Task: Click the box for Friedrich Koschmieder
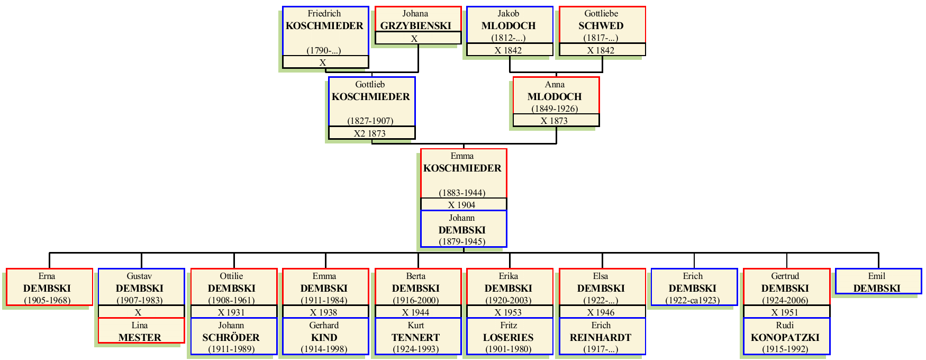325,31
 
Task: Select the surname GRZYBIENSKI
416,25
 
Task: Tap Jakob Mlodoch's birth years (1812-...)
509,38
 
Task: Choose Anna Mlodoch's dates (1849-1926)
555,109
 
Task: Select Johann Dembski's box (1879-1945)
463,229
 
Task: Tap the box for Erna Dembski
49,287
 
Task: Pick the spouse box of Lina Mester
141,331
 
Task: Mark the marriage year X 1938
324,312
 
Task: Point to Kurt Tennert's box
417,337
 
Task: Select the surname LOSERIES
509,337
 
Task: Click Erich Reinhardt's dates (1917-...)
601,349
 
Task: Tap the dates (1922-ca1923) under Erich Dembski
693,300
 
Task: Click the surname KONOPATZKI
785,337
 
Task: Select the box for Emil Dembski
878,282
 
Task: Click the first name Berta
416,276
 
